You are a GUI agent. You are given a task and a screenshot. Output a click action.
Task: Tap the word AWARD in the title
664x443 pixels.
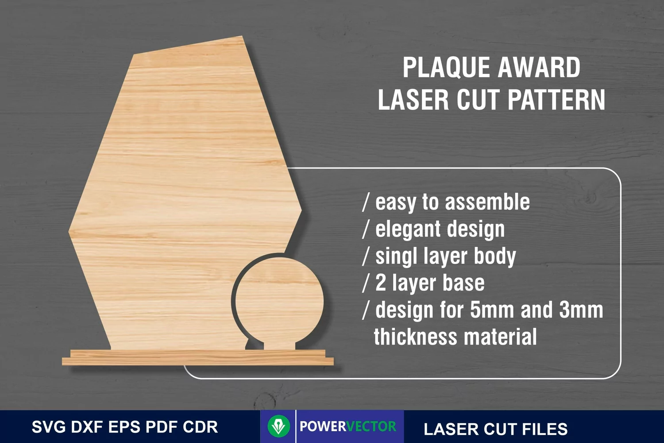539,67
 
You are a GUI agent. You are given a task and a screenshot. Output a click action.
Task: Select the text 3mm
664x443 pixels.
581,310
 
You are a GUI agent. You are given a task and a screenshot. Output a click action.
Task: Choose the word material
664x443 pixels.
500,337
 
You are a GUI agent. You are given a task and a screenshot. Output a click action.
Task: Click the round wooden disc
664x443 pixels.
279,301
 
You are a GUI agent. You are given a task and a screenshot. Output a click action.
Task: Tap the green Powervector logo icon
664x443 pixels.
278,426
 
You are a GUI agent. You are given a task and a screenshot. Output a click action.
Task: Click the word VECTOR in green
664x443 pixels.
371,426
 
